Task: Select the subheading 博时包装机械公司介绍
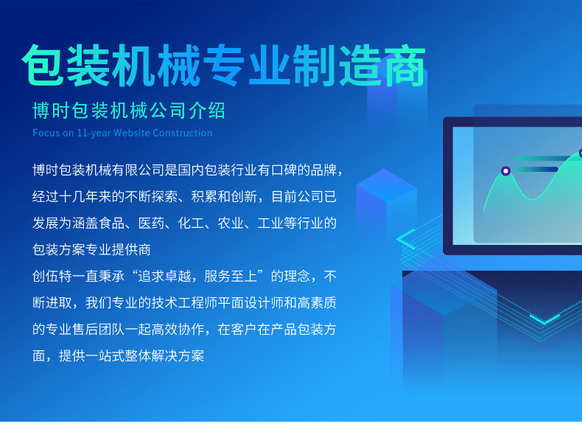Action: click(x=129, y=111)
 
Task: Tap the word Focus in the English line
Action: click(x=46, y=133)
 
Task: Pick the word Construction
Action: click(x=185, y=133)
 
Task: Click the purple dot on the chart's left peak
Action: click(x=505, y=171)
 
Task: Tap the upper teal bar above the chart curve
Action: click(x=545, y=158)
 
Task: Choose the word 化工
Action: click(x=206, y=223)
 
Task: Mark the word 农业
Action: click(x=249, y=223)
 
